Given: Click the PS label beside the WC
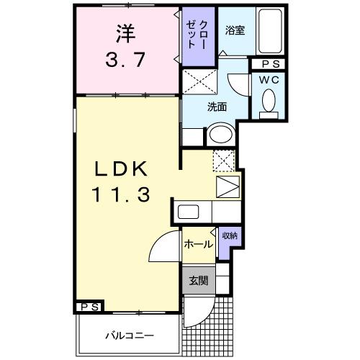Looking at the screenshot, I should point(269,63).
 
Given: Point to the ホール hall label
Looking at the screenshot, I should point(198,244).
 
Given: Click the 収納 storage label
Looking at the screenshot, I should point(229,236).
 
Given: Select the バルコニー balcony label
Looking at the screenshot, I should point(127,336).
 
